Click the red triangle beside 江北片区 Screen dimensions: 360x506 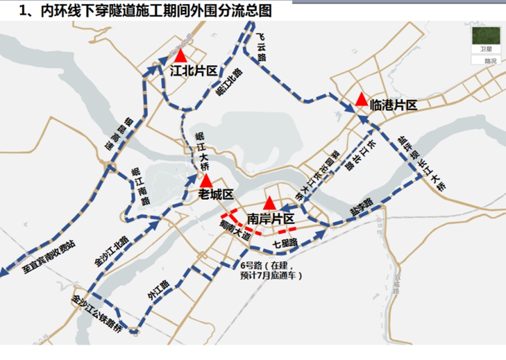(180, 56)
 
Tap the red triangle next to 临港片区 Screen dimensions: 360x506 (361, 100)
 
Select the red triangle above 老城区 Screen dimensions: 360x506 (207, 181)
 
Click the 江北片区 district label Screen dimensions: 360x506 (194, 70)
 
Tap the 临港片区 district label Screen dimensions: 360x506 (394, 105)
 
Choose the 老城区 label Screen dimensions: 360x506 (216, 195)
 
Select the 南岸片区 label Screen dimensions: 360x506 (271, 218)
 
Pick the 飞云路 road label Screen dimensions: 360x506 (262, 46)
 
